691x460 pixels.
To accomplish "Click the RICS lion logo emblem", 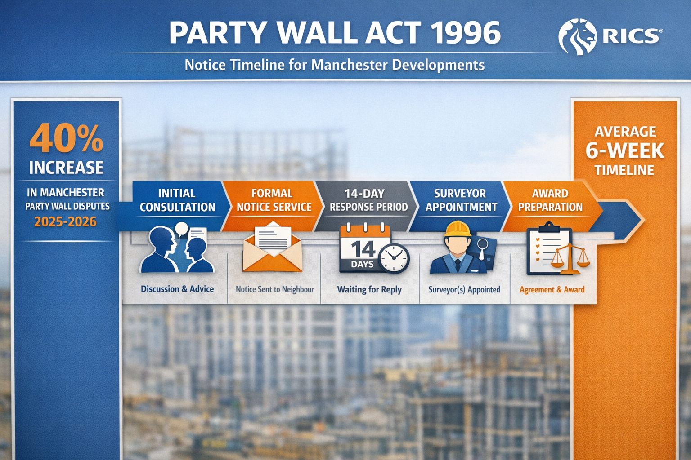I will (x=577, y=36).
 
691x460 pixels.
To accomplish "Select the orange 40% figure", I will (x=67, y=138).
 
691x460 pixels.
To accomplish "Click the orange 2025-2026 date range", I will (x=66, y=221).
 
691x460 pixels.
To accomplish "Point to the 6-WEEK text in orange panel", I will (x=624, y=151).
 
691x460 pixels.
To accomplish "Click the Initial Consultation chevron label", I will (x=177, y=200).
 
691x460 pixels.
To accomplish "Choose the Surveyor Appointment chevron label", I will (x=461, y=200).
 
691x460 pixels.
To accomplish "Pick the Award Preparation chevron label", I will (x=550, y=200).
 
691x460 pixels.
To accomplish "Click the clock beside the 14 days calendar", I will (x=394, y=258).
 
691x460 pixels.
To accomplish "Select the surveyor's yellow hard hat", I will (x=458, y=229).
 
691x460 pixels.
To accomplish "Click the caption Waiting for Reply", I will (x=369, y=290).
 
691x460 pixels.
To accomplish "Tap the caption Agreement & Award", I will (x=552, y=290).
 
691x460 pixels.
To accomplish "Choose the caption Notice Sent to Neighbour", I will (x=275, y=290).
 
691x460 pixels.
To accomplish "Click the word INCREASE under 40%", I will (x=67, y=168).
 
